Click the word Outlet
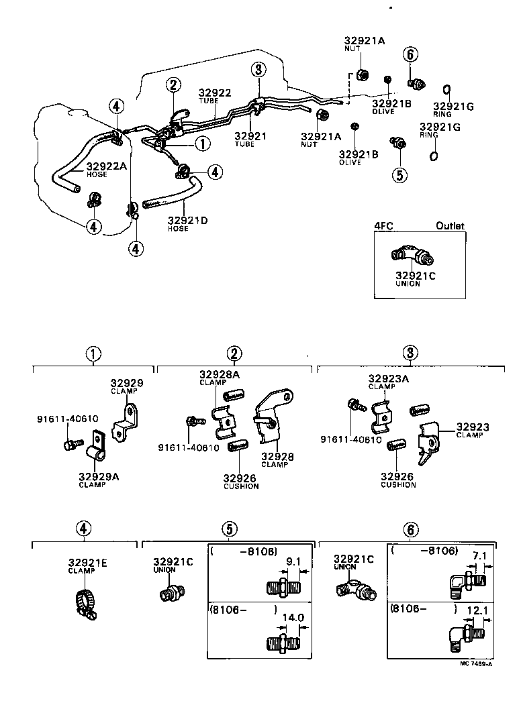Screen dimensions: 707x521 click(450, 226)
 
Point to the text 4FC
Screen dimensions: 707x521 click(383, 226)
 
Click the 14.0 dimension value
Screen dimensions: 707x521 click(293, 618)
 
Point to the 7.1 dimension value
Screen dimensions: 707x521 click(479, 556)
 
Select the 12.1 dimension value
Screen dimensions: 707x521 click(479, 611)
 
